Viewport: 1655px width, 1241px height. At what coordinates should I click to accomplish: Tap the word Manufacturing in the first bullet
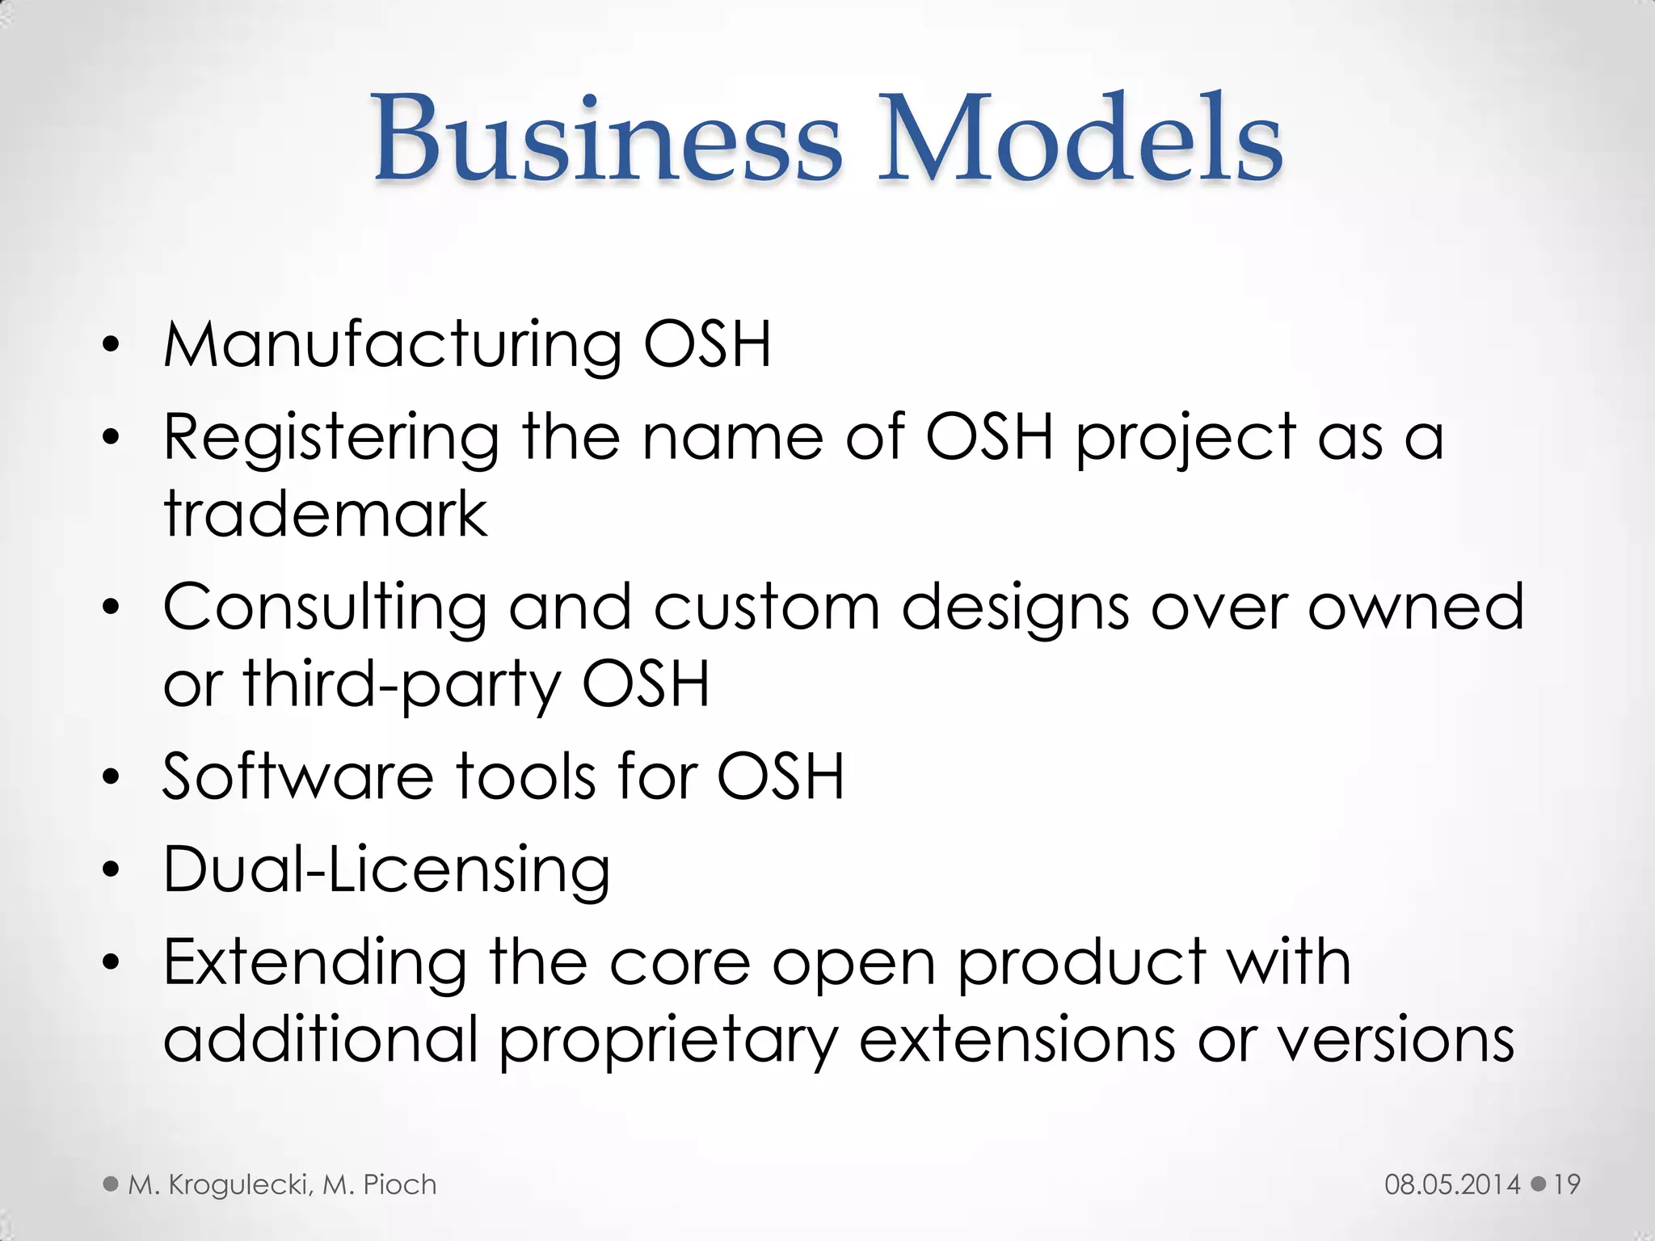click(392, 346)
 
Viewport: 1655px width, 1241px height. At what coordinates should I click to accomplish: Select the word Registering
click(331, 439)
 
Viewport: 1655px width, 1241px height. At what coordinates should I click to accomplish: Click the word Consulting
click(324, 608)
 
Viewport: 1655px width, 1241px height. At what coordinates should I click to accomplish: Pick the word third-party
click(402, 685)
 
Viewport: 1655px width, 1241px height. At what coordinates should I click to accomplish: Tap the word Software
click(298, 776)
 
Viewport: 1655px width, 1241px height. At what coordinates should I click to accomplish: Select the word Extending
click(315, 964)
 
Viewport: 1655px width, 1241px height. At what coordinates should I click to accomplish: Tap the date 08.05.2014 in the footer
click(1452, 1184)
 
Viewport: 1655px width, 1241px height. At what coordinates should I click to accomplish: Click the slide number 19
click(1566, 1184)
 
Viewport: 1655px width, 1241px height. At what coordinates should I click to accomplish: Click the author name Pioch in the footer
click(399, 1184)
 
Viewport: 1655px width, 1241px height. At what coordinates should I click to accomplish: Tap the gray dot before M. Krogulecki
click(111, 1184)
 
